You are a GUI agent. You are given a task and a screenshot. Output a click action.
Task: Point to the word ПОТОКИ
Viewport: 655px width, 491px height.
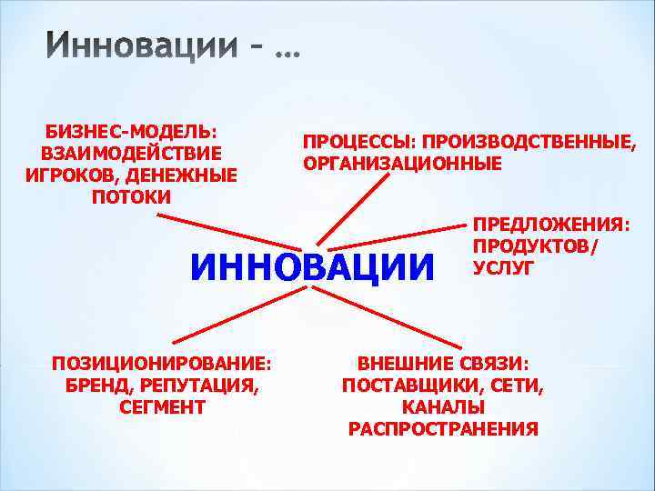(132, 196)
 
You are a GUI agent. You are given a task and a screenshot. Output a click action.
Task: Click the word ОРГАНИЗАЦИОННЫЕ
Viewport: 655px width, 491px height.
(402, 165)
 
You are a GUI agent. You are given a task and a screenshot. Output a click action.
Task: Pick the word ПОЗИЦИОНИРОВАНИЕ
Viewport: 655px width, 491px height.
(162, 363)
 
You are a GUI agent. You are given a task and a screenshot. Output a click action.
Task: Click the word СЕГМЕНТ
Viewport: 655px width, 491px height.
(162, 406)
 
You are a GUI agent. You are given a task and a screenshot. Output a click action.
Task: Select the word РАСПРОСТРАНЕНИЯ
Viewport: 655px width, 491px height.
(443, 428)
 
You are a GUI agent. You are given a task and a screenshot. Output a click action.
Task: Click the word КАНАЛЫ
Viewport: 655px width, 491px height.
(443, 406)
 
